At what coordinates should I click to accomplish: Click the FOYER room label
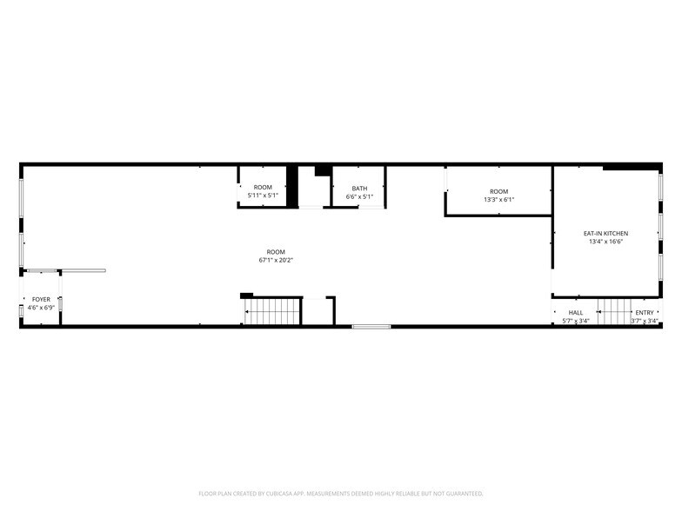(x=41, y=299)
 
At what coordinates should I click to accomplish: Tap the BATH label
(x=359, y=188)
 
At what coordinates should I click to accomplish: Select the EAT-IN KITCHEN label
(x=605, y=233)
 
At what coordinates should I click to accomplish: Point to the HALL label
(x=576, y=313)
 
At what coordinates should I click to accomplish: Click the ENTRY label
(x=644, y=313)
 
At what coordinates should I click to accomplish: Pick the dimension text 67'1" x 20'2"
(x=276, y=261)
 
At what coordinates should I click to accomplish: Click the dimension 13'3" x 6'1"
(x=499, y=200)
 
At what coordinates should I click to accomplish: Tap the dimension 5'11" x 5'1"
(x=263, y=196)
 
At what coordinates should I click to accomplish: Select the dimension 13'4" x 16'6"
(x=605, y=242)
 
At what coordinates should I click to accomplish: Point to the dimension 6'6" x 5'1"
(x=359, y=196)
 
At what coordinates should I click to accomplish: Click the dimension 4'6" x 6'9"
(x=41, y=308)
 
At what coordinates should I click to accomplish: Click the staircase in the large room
(x=271, y=311)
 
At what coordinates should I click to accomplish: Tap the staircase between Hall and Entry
(x=614, y=311)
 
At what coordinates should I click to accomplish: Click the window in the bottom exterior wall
(x=371, y=327)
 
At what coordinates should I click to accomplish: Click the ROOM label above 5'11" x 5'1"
(x=263, y=188)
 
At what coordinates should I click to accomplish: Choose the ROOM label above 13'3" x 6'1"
(x=499, y=191)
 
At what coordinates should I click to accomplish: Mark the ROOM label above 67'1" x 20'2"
(x=276, y=252)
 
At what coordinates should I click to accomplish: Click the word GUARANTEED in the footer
(x=465, y=494)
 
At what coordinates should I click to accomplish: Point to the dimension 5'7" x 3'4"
(x=576, y=322)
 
